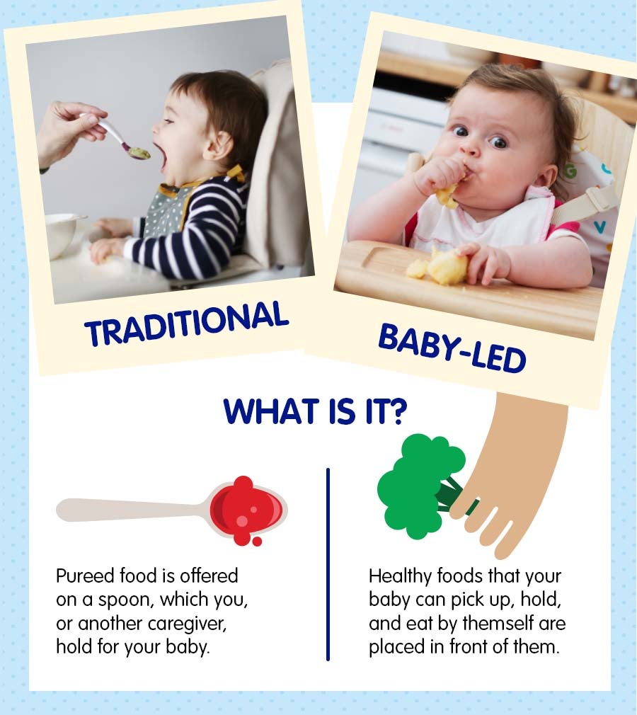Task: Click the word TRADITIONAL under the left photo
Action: pyautogui.click(x=186, y=323)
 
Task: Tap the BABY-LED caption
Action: pyautogui.click(x=452, y=348)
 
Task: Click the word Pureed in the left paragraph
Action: pyautogui.click(x=84, y=576)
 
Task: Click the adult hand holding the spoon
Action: pyautogui.click(x=67, y=127)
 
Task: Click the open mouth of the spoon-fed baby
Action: pyautogui.click(x=162, y=154)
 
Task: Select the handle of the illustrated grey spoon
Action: pyautogui.click(x=127, y=510)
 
